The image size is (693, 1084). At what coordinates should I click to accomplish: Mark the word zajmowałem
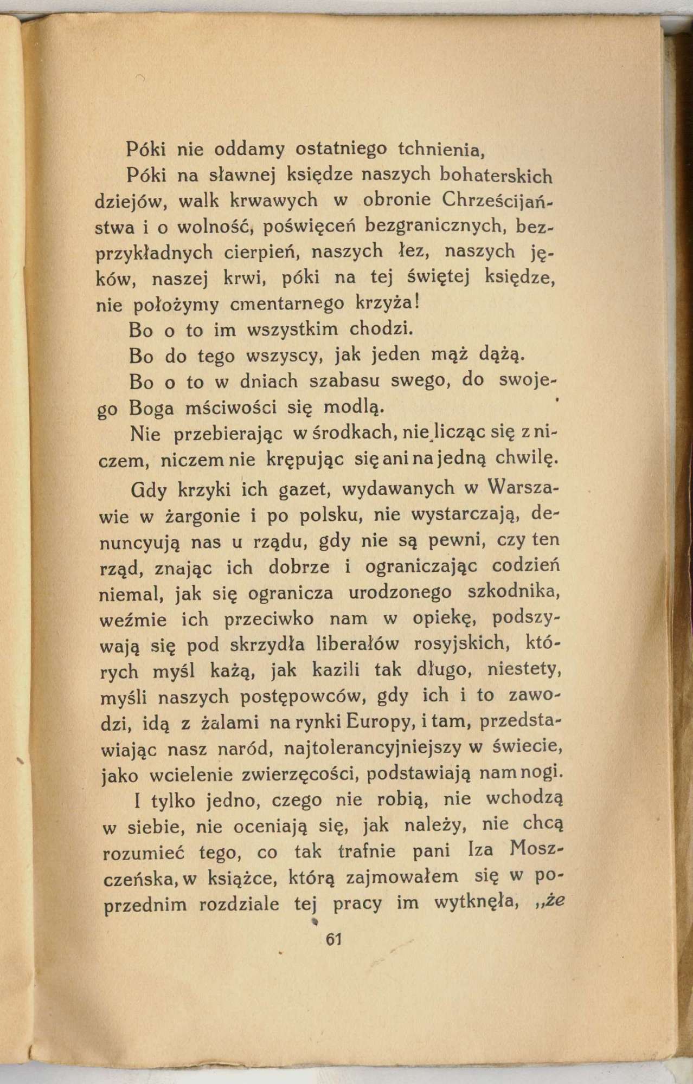point(402,876)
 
